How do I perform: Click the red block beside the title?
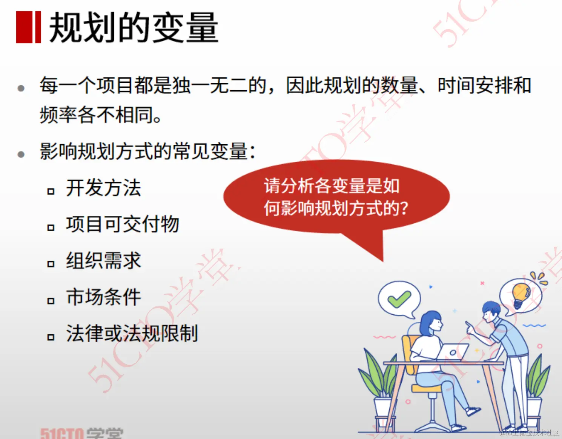28,27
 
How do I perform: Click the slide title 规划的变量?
134,27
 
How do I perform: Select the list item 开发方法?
103,188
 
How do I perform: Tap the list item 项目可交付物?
122,224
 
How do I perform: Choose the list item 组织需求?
103,261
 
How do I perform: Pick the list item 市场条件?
103,297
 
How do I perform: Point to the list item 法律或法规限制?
132,333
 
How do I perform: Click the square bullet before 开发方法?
51,191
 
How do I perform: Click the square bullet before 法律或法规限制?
51,337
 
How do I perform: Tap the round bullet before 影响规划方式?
21,154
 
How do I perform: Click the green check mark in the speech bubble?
399,299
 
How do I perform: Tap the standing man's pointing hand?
470,327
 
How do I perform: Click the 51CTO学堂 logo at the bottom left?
81,433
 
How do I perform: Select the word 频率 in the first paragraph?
58,114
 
